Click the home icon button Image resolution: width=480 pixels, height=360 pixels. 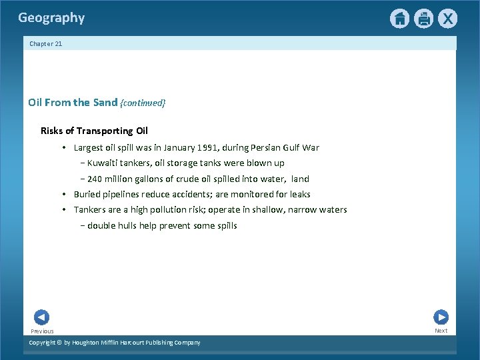[399, 19]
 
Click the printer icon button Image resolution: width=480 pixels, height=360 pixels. [423, 19]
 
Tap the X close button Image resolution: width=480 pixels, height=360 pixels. [447, 19]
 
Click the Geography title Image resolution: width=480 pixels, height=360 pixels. [51, 18]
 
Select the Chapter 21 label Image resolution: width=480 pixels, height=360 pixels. [46, 44]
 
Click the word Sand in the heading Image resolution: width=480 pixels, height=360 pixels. [105, 103]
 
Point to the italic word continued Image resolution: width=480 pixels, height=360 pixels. [143, 103]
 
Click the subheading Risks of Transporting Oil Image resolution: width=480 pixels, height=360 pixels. [94, 131]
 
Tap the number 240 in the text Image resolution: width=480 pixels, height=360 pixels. [95, 179]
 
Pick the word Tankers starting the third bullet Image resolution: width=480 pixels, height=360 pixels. [90, 210]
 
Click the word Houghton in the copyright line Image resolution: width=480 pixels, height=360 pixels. [89, 343]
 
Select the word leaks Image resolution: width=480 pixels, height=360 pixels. [299, 195]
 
